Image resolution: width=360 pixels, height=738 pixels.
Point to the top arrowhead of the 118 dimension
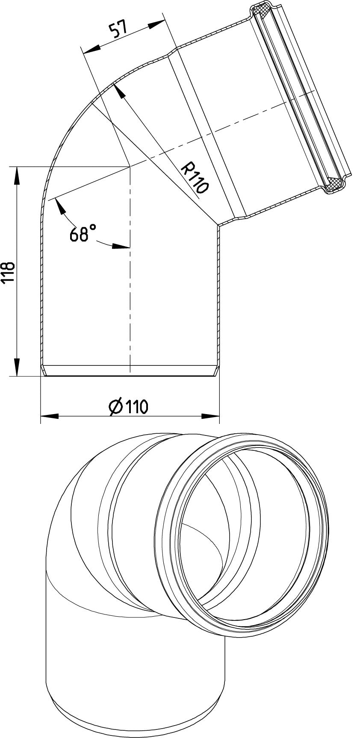tap(17, 175)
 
